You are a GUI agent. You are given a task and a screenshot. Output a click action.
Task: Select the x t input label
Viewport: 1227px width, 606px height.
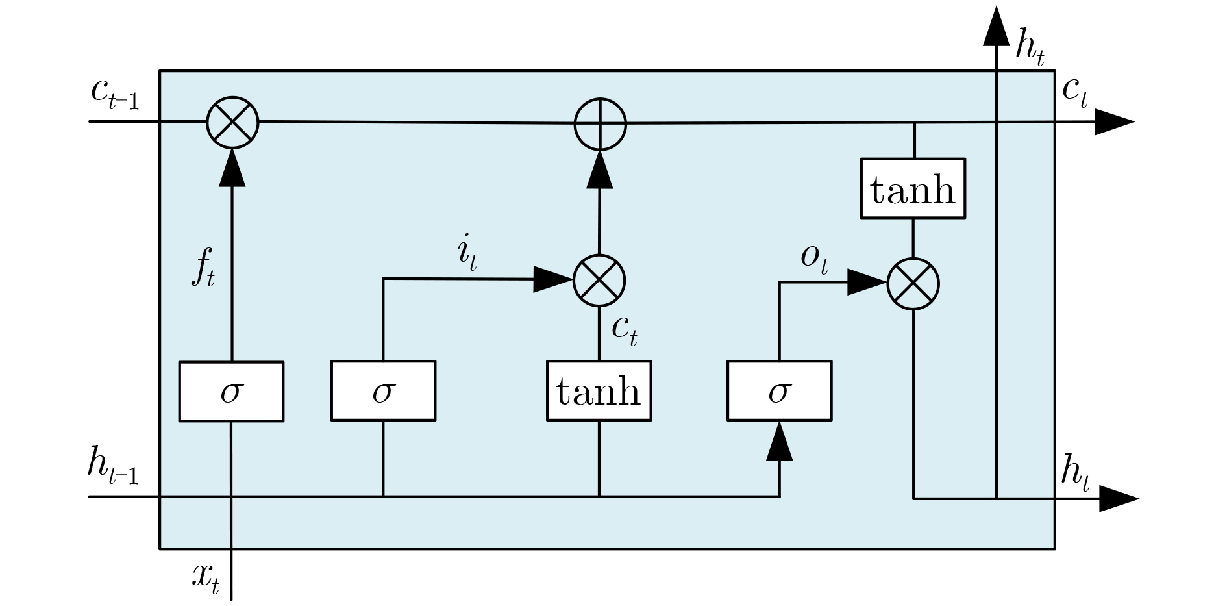point(206,577)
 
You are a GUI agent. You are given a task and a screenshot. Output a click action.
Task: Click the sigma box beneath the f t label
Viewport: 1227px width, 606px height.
point(231,392)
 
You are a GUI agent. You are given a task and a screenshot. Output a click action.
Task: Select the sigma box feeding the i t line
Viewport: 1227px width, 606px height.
point(383,392)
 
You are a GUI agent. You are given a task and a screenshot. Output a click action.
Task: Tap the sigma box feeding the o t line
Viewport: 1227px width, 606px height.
point(779,392)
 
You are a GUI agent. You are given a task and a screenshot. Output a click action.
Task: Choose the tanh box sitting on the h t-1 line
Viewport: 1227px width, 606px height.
point(599,392)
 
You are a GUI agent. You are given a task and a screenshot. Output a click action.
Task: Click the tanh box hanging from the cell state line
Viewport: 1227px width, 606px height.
point(913,189)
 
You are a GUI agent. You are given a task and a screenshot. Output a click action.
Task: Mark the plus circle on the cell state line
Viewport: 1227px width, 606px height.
point(601,123)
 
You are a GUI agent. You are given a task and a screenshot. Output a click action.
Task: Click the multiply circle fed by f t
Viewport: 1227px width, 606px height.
point(232,122)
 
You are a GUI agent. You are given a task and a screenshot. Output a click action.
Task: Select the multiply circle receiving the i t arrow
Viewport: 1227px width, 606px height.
point(599,281)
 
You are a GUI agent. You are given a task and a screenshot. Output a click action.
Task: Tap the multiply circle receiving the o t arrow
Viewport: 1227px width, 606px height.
point(913,283)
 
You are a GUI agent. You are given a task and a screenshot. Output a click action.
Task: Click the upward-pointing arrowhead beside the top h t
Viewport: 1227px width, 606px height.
point(996,27)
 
